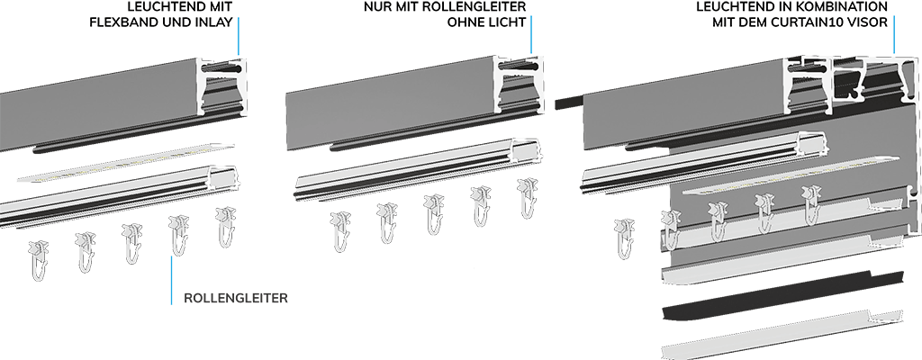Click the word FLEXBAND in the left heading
tap(118, 23)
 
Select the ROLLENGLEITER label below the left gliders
tap(236, 298)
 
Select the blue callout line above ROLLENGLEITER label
tap(172, 279)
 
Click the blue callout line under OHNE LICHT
tap(531, 34)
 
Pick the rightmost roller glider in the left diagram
tap(225, 227)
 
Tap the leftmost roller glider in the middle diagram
tap(340, 232)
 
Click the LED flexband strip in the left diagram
tap(126, 162)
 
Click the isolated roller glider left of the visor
tap(625, 238)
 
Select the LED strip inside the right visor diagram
tap(791, 175)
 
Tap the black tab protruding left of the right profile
tap(570, 103)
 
